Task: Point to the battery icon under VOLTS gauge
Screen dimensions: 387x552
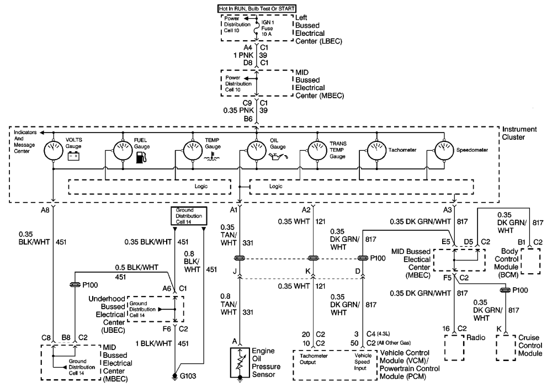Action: (73, 157)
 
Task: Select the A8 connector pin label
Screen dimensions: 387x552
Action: (46, 210)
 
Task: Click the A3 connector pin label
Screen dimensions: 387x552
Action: (445, 210)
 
